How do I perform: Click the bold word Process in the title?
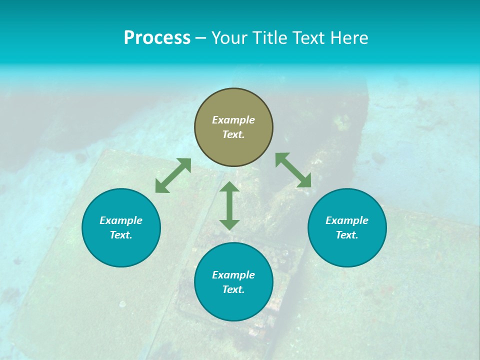pos(157,38)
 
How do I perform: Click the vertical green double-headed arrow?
pos(229,205)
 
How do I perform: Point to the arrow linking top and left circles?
pos(173,175)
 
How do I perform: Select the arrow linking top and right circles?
pos(293,170)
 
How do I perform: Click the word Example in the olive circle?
pos(233,120)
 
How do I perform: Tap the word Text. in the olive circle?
pos(233,134)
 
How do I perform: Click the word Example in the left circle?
pos(121,220)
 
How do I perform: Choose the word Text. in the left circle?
pos(121,235)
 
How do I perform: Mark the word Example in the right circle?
pos(347,220)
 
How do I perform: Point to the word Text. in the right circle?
pos(347,235)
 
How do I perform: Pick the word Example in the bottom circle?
pos(233,275)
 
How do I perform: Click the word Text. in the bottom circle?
pos(233,289)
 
